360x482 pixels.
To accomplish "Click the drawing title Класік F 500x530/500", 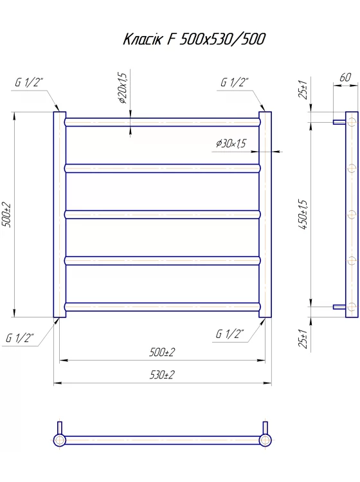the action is tap(194, 39).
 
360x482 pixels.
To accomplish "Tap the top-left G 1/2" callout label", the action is tap(29, 82).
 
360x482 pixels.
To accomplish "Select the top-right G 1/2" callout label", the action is tap(235, 82).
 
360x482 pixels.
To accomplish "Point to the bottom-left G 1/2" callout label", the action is tap(20, 338).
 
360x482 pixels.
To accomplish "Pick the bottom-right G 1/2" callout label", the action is tap(230, 334).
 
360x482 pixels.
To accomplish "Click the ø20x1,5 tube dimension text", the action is tap(122, 88).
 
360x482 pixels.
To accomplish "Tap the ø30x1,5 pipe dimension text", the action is tap(231, 143).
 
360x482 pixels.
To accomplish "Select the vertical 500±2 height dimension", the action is tap(6, 215).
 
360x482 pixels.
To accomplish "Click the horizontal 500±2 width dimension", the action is tap(162, 352).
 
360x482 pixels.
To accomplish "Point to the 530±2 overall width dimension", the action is tap(162, 375).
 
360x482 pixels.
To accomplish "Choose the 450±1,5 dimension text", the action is tap(303, 214).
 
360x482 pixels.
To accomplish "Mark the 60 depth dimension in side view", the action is tap(345, 77).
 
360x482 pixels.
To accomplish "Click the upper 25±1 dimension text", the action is tap(303, 89).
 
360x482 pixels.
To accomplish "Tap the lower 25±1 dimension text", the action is tap(303, 339).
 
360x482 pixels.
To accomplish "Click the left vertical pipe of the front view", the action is tap(60, 215).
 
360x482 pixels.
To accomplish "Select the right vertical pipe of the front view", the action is tap(265, 215).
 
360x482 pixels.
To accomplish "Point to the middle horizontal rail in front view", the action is tap(163, 214).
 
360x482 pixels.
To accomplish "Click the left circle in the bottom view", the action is tap(59, 440).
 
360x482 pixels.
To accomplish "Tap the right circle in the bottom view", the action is tap(265, 440).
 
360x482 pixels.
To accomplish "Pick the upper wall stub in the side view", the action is tap(339, 122).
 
